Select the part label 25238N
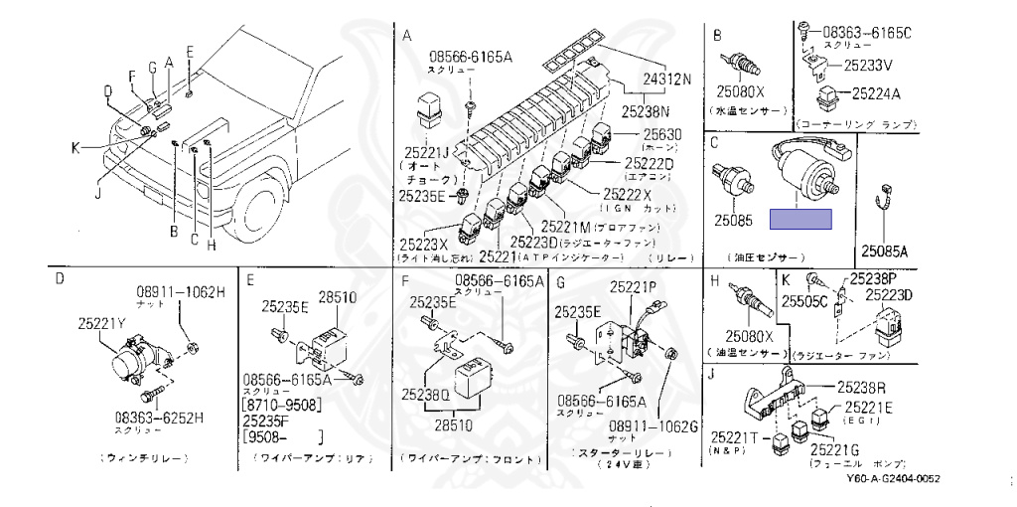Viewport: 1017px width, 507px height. [646, 111]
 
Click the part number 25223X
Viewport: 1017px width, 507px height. [424, 244]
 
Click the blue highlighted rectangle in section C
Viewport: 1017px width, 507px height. [802, 220]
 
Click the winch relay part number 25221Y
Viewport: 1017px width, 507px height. [102, 322]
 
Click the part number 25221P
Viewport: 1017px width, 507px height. [633, 288]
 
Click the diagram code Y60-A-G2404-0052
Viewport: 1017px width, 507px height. [893, 479]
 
